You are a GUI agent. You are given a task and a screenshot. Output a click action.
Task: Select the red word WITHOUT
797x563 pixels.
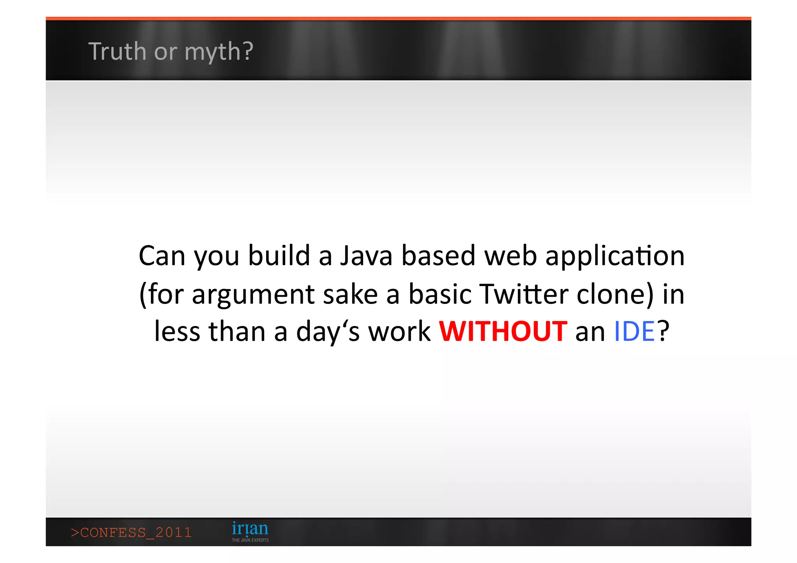pyautogui.click(x=503, y=331)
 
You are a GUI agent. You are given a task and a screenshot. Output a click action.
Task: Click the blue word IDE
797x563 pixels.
pyautogui.click(x=634, y=331)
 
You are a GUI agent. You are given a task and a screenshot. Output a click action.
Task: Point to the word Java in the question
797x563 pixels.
pyautogui.click(x=366, y=256)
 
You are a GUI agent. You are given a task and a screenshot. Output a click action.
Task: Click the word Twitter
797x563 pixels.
pyautogui.click(x=524, y=294)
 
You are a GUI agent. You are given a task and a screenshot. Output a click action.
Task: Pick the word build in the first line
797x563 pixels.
pyautogui.click(x=279, y=256)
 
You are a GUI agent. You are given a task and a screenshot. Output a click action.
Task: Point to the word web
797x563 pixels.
pyautogui.click(x=510, y=256)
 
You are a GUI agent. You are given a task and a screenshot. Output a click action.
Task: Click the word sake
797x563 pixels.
pyautogui.click(x=350, y=294)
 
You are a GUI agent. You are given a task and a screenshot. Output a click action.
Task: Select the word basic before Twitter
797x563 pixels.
pyautogui.click(x=440, y=294)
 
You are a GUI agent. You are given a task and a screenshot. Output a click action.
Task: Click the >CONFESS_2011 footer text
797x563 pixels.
pyautogui.click(x=132, y=532)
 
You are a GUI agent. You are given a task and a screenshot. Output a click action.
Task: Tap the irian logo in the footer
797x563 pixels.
pyautogui.click(x=250, y=528)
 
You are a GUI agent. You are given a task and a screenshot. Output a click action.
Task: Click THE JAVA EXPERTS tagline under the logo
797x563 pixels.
pyautogui.click(x=250, y=540)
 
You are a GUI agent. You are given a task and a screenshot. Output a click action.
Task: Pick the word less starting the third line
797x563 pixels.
pyautogui.click(x=177, y=331)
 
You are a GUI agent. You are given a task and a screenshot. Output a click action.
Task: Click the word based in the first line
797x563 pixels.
pyautogui.click(x=438, y=256)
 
